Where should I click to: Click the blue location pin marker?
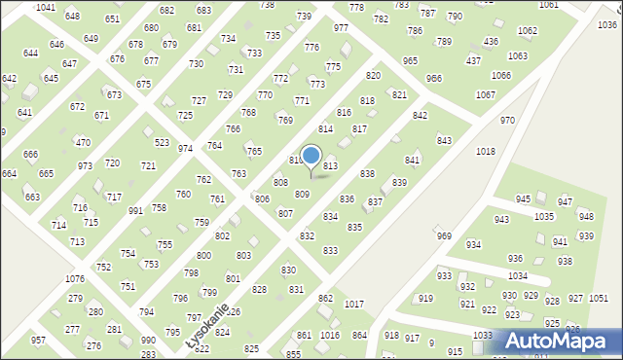click(311, 157)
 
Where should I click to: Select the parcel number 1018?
click(486, 152)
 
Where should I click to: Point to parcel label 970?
click(507, 120)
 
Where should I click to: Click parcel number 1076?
click(75, 279)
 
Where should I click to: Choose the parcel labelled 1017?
click(354, 305)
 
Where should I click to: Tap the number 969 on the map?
click(444, 236)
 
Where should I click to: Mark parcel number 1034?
click(517, 276)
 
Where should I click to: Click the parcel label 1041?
click(45, 7)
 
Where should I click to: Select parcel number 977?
click(341, 28)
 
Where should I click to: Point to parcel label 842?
click(420, 116)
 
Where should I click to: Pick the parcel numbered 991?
click(136, 211)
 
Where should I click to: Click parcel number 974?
click(185, 149)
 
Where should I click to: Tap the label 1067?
click(485, 94)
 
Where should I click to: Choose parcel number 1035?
click(544, 216)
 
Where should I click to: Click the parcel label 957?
click(38, 341)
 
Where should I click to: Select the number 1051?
click(599, 299)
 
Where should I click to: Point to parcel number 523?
click(163, 142)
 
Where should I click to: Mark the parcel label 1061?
click(549, 5)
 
